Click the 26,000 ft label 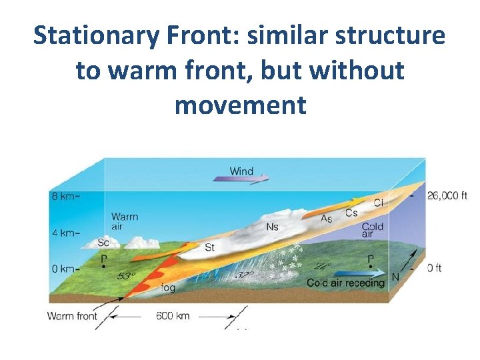pos(447,195)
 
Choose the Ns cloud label pos(272,227)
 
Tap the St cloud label pos(209,248)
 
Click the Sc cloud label pos(103,243)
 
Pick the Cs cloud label pos(351,213)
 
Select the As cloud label pos(327,219)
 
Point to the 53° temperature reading pos(126,275)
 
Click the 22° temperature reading pos(323,265)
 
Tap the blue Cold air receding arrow pos(359,273)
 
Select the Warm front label pos(72,316)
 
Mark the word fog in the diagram pos(169,288)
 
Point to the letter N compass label pos(395,277)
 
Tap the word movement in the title pos(240,105)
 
